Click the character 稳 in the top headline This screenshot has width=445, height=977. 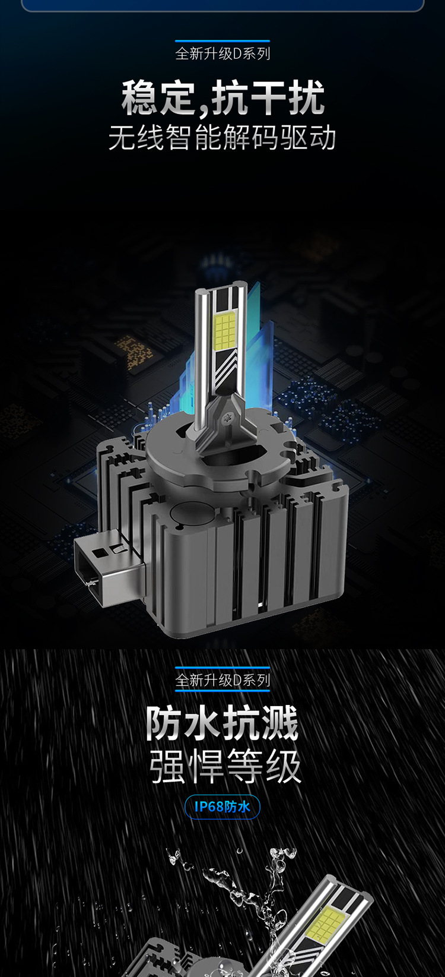tap(139, 97)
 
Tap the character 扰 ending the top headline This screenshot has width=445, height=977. tap(306, 97)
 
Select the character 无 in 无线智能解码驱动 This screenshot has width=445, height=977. tap(122, 138)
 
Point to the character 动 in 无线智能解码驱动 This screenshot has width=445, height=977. tap(323, 138)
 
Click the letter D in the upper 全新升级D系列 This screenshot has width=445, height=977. tap(237, 53)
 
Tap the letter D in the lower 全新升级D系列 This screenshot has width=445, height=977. tap(237, 680)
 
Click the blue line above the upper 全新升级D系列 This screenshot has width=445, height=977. tap(223, 41)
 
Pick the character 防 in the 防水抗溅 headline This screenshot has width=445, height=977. tap(163, 723)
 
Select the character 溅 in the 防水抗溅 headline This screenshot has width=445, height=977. tap(280, 723)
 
